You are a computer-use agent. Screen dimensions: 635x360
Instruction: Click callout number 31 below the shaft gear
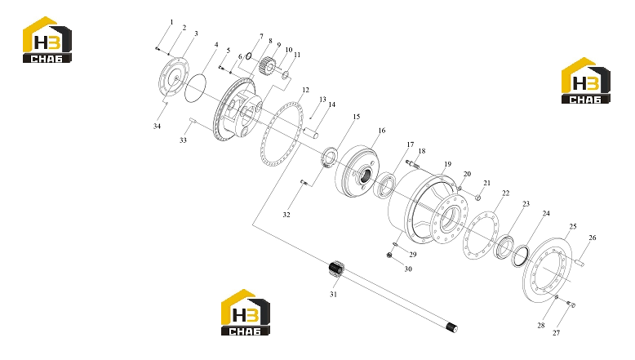tap(333, 295)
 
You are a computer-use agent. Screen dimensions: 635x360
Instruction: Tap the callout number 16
tap(381, 131)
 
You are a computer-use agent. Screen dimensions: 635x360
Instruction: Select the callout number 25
tap(573, 226)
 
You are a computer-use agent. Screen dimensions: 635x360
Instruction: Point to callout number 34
tap(157, 127)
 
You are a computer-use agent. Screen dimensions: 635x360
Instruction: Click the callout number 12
tap(305, 90)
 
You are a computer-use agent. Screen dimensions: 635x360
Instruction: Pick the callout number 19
tap(447, 164)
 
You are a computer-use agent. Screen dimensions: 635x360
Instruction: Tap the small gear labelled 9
tap(267, 65)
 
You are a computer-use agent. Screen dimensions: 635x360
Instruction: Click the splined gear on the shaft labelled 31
tap(336, 269)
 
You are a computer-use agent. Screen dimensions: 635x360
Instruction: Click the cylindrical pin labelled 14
tap(312, 132)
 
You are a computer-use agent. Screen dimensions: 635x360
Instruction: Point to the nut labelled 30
tap(389, 256)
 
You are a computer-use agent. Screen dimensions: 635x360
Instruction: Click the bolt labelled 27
tap(571, 304)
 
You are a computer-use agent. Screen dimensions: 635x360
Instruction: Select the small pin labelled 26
tap(579, 263)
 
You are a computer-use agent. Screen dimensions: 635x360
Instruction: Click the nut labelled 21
tap(477, 198)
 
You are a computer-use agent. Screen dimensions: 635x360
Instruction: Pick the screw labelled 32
tap(304, 183)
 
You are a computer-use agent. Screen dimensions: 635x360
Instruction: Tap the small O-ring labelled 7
tap(249, 56)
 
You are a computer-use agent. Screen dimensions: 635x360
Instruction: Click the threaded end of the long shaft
tap(451, 327)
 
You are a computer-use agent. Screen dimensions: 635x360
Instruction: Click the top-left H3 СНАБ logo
tap(47, 40)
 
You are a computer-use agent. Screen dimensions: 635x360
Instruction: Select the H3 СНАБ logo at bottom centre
tap(246, 312)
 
